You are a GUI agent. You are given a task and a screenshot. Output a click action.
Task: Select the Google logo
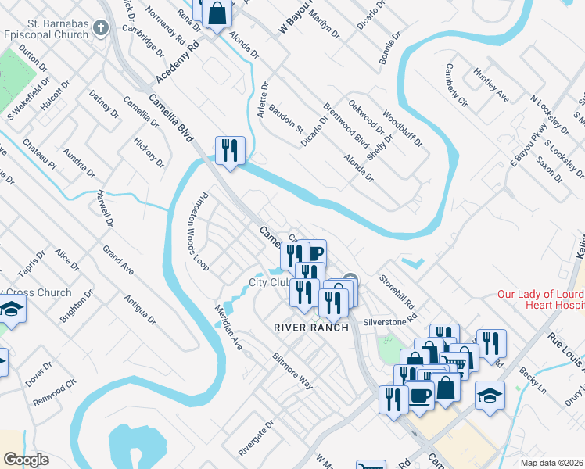click(x=26, y=460)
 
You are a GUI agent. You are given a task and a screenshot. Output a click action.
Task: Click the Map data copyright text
click(x=552, y=463)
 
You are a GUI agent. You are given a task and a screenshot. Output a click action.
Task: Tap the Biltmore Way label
click(x=292, y=371)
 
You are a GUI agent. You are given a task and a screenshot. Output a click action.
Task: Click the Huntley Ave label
click(x=491, y=86)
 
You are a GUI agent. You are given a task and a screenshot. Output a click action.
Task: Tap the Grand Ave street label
click(x=118, y=260)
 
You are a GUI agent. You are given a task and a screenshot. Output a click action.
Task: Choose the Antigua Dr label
click(x=141, y=310)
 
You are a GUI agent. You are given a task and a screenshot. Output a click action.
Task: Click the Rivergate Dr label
click(x=257, y=439)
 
